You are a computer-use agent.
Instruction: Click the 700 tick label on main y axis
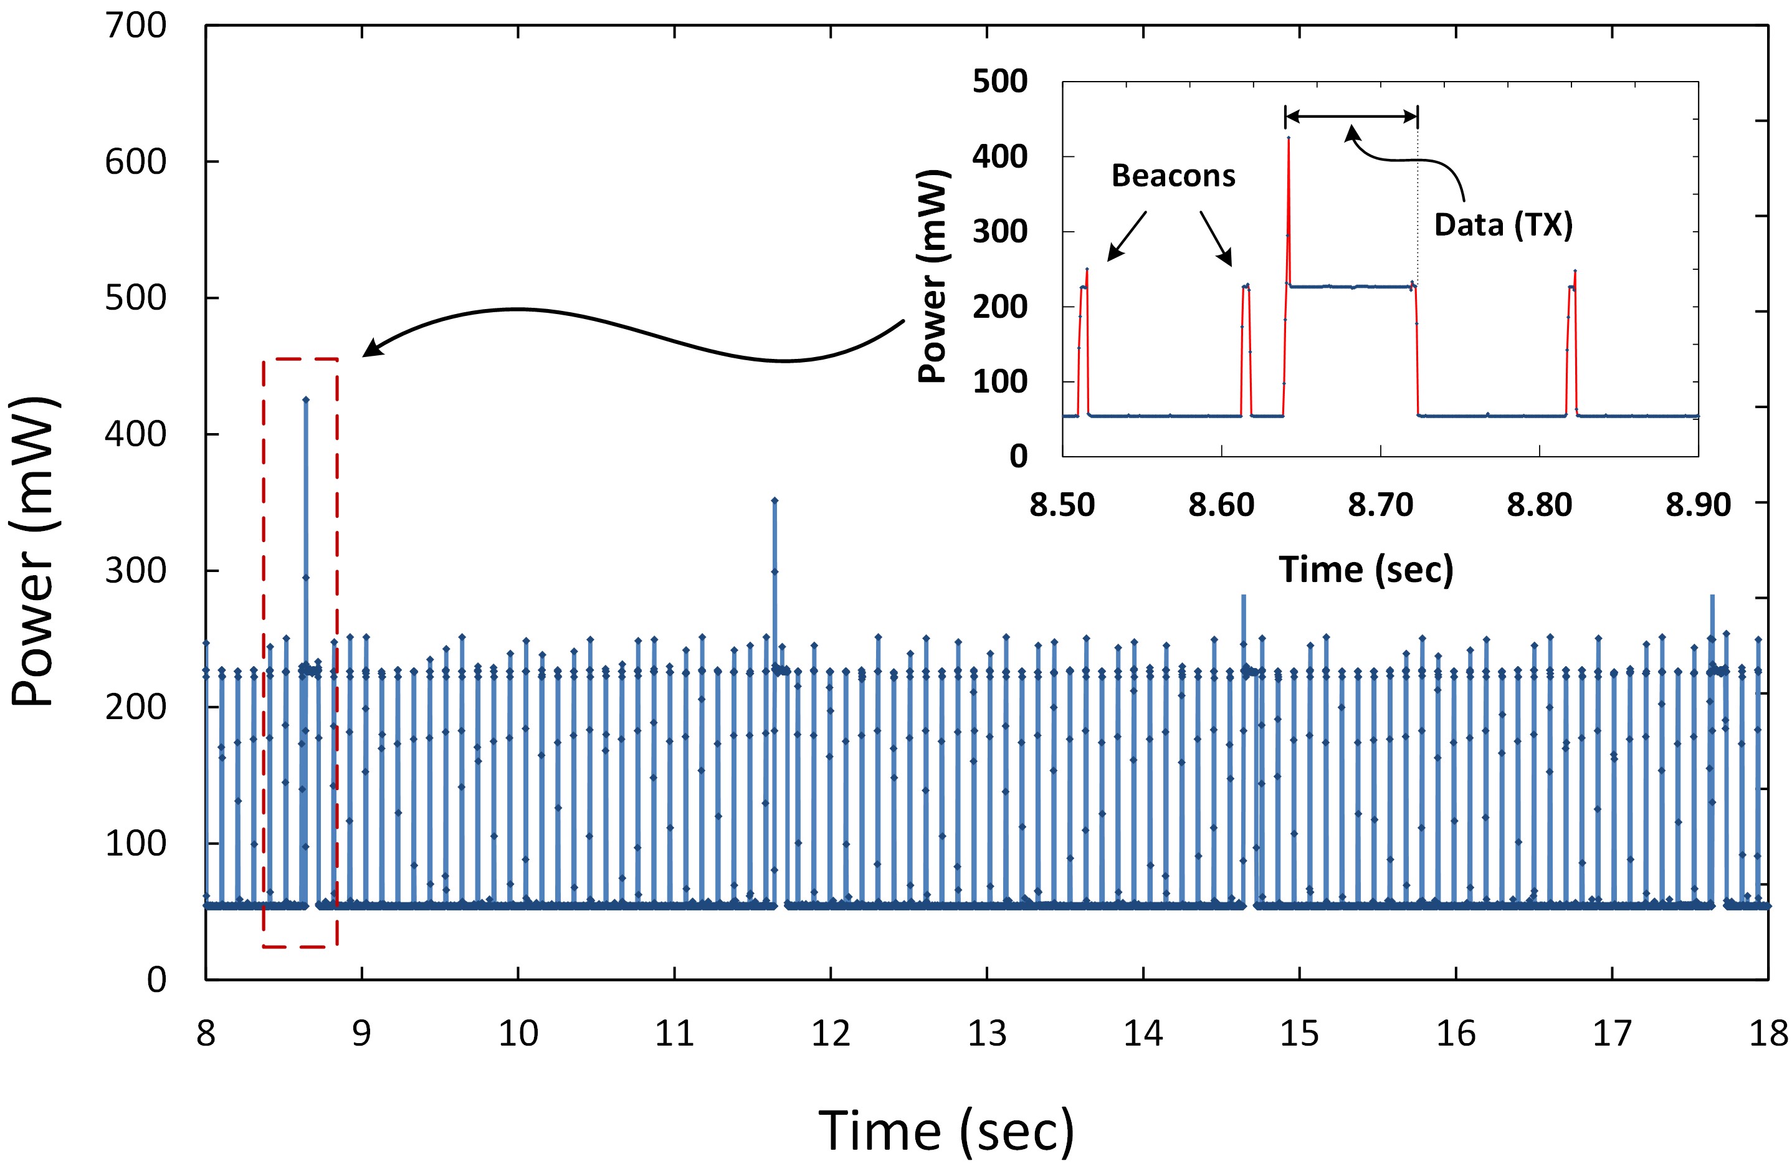click(136, 26)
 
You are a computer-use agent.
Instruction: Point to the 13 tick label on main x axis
click(986, 1033)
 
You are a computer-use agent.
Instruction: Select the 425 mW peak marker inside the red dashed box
click(306, 399)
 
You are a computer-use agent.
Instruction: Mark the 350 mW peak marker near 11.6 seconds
click(774, 500)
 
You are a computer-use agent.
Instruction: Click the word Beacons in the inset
click(1173, 176)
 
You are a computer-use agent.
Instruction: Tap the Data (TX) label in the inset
click(1503, 224)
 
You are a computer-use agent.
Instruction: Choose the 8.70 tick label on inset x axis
click(1380, 505)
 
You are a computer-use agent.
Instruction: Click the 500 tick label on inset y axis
click(999, 82)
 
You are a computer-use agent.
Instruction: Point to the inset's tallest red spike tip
click(1289, 138)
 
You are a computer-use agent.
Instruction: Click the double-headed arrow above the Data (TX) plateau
click(1351, 116)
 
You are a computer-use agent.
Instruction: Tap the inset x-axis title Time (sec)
click(1366, 570)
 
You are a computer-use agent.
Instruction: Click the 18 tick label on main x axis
click(1767, 1033)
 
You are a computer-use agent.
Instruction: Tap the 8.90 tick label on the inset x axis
click(1698, 505)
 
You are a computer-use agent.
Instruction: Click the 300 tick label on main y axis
click(136, 571)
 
